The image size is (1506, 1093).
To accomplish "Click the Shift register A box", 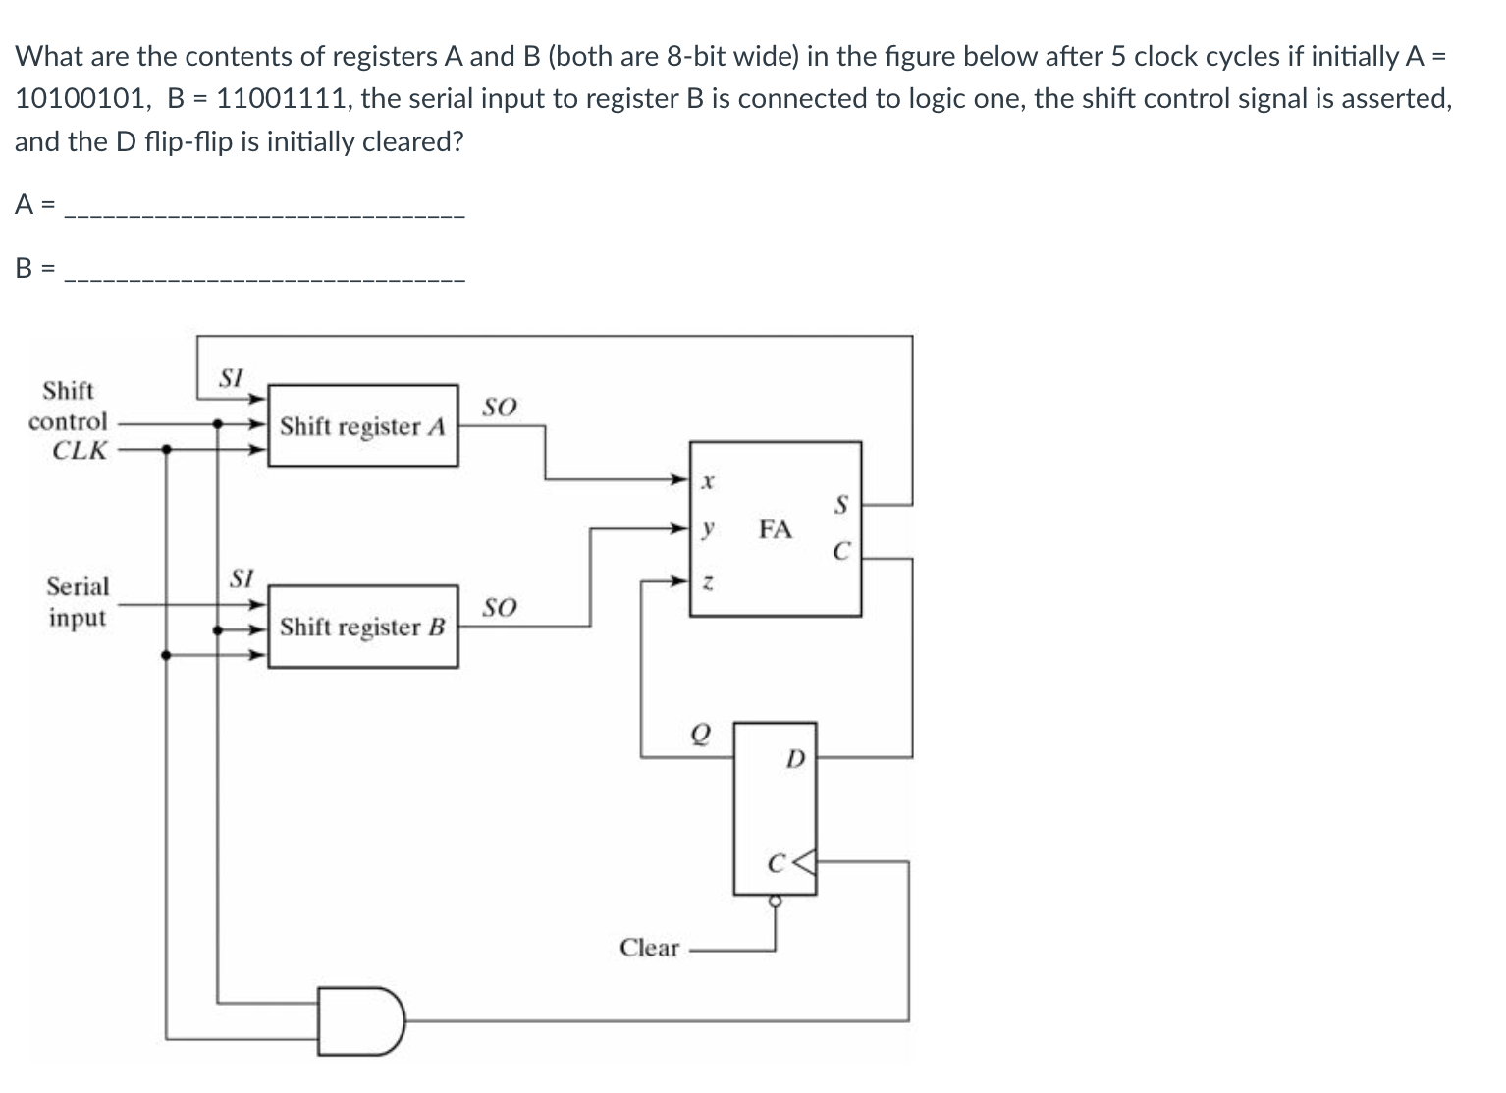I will [x=362, y=426].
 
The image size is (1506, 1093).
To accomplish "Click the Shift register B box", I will [x=362, y=627].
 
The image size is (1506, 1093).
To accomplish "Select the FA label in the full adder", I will [x=775, y=530].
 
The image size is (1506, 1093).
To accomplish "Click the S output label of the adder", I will [x=839, y=506].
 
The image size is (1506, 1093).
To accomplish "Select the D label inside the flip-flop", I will [x=795, y=759].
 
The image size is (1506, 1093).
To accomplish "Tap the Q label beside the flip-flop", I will [x=699, y=734].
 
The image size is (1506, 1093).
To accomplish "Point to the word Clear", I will [x=649, y=948].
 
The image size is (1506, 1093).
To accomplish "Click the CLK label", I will [x=80, y=451].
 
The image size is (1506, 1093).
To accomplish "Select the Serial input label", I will [x=78, y=602].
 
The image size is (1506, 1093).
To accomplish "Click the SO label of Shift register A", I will [x=500, y=407].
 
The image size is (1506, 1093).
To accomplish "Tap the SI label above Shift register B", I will [x=242, y=578].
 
